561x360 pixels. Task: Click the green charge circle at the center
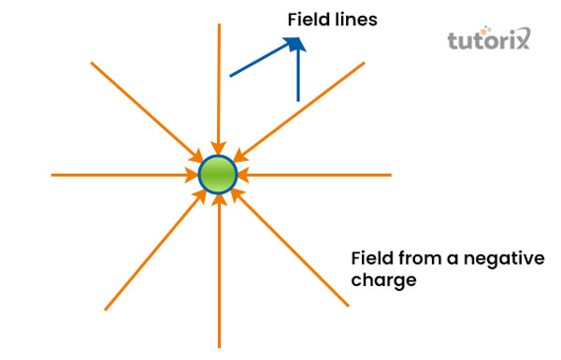[219, 175]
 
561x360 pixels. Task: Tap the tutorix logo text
[487, 40]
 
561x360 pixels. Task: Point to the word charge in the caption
[382, 280]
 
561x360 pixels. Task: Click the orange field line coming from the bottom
[219, 281]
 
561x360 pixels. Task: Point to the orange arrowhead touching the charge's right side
[243, 175]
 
